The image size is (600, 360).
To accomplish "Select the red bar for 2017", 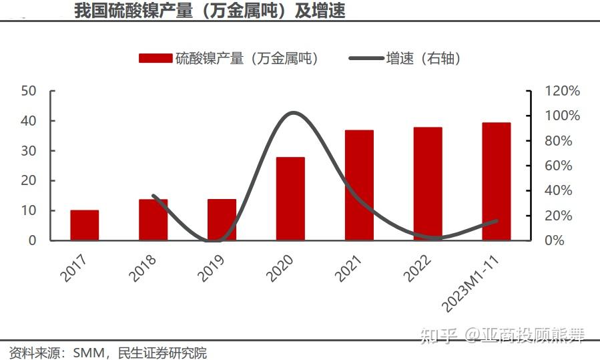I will point(85,225).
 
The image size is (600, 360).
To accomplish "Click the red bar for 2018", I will point(154,220).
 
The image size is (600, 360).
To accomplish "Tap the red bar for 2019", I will point(222,220).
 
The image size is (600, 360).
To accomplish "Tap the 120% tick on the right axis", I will point(563,91).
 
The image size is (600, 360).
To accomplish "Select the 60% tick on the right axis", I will point(559,166).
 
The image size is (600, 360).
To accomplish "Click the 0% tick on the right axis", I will point(555,240).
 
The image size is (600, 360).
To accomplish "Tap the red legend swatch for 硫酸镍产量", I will point(155,59).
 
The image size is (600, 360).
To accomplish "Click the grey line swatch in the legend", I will point(366,59).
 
